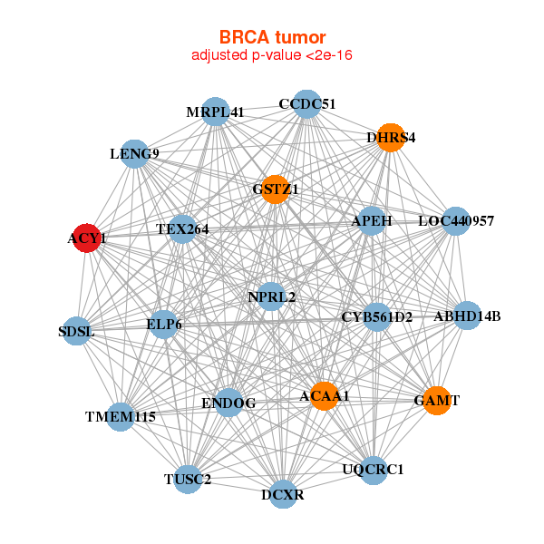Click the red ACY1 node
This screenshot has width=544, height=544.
86,238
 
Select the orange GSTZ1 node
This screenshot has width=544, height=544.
276,189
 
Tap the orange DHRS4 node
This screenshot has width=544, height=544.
391,138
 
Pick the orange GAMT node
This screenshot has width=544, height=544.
437,400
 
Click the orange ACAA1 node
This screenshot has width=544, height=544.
324,396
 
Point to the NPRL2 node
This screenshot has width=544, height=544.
271,296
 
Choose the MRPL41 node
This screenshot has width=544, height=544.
215,112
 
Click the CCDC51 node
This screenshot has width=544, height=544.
307,103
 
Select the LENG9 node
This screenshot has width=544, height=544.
134,153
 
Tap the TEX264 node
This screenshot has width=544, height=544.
182,229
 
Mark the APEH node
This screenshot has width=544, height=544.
372,220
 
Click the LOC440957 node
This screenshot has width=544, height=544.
455,220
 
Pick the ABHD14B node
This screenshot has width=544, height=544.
467,316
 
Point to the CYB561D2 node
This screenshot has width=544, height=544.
377,316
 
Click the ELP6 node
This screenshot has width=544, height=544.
164,324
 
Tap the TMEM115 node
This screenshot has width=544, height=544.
121,417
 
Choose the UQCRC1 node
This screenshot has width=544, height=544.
373,470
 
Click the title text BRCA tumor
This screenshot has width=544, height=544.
272,37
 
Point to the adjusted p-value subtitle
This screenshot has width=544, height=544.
272,55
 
